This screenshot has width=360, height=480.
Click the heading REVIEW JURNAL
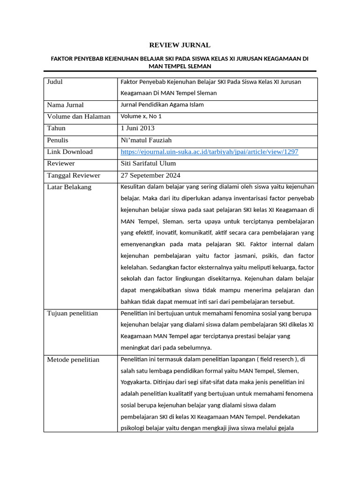click(180, 45)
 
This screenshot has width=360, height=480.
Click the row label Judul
click(55, 82)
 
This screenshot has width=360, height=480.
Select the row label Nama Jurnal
click(65, 105)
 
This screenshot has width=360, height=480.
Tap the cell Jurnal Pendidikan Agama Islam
click(162, 105)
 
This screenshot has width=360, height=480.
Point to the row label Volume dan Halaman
click(79, 117)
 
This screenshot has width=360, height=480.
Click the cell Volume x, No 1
click(141, 116)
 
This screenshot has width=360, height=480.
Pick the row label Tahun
click(56, 128)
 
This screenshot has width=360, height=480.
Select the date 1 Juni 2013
click(137, 128)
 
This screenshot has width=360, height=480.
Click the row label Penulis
click(58, 140)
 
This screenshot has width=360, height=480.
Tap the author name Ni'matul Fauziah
click(149, 140)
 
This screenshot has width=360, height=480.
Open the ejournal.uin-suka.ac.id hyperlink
click(209, 152)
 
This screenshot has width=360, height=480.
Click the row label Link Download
click(70, 152)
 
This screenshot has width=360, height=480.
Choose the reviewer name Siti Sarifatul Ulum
click(148, 164)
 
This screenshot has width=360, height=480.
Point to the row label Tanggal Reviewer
click(74, 175)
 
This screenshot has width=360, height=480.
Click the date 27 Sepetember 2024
click(150, 175)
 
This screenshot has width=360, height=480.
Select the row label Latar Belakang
click(69, 187)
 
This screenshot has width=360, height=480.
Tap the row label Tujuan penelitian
click(72, 313)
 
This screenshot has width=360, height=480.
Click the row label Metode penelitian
click(73, 360)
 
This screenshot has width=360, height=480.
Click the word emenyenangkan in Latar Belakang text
click(142, 244)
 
